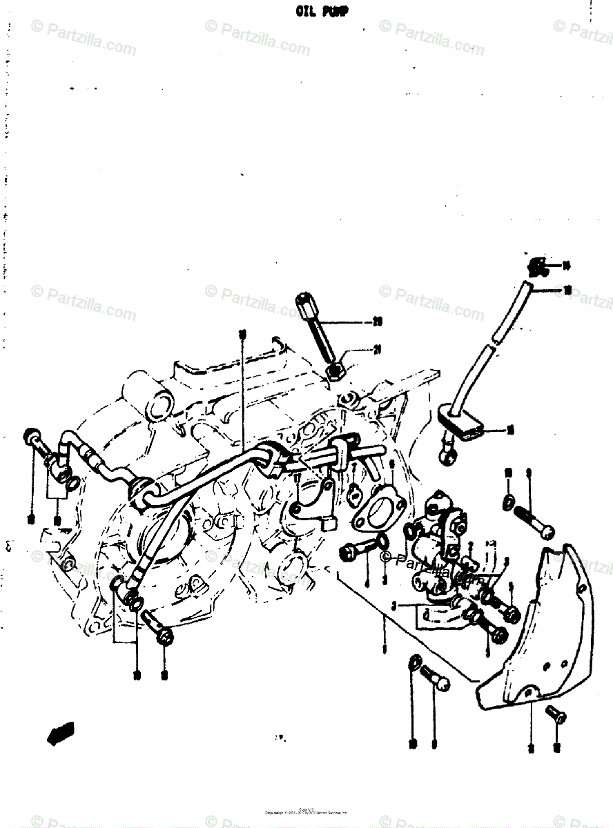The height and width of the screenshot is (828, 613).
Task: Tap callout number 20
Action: click(377, 321)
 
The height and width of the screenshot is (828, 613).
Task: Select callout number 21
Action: click(377, 351)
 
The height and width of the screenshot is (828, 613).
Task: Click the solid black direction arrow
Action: click(60, 733)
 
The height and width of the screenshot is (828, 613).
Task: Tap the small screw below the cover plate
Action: click(554, 714)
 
